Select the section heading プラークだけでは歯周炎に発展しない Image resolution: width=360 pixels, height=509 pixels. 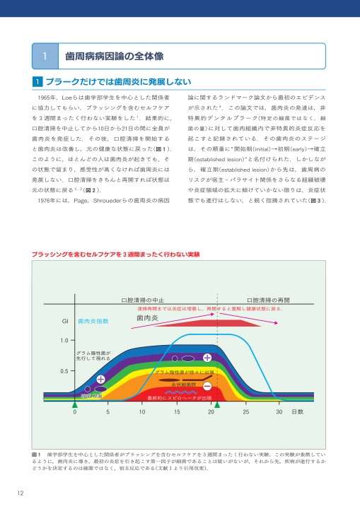click(118, 83)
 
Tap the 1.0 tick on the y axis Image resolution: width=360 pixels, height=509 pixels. click(64, 341)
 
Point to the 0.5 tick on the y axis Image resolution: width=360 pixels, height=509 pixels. click(64, 370)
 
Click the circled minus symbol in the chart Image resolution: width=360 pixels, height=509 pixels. click(207, 386)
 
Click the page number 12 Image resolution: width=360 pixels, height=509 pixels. click(13, 493)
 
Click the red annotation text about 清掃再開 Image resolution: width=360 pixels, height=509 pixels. click(209, 310)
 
